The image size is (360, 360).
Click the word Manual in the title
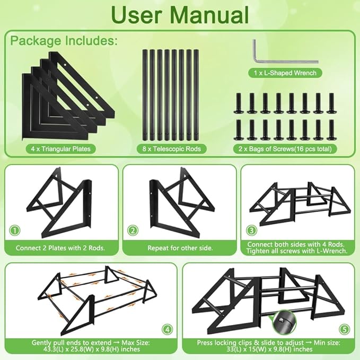209,15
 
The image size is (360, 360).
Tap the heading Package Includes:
64,41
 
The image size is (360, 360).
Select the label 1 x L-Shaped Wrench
285,73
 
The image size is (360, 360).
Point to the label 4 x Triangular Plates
60,149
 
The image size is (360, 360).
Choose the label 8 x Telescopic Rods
171,149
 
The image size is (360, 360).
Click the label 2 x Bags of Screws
285,149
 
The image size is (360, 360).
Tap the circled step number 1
15,230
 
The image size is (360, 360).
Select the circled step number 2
133,230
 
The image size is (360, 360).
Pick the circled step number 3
252,230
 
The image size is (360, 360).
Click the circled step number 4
168,330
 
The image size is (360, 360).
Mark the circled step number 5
345,330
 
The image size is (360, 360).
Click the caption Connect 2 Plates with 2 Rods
60,248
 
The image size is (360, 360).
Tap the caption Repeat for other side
180,248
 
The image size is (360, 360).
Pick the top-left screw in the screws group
238,103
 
